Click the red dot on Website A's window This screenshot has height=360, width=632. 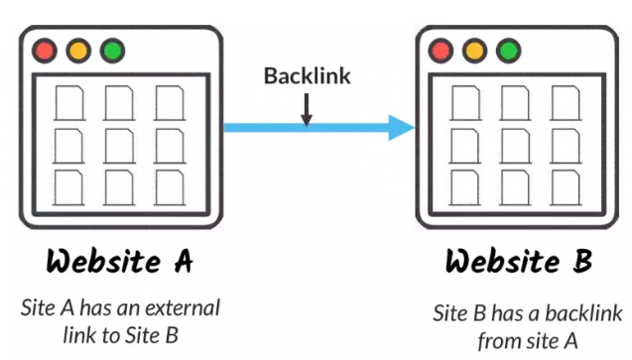tap(45, 51)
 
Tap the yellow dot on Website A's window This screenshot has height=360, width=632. tap(78, 51)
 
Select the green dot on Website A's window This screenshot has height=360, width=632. tap(112, 51)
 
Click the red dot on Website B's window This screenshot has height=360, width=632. tap(441, 51)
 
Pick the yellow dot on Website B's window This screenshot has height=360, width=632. tap(474, 51)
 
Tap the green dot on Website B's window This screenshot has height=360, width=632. tap(508, 51)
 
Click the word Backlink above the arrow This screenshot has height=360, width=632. tap(308, 75)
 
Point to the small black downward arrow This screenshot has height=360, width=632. tap(307, 109)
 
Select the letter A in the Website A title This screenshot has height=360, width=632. tap(184, 261)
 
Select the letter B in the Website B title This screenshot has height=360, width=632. tap(582, 261)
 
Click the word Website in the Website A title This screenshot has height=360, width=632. tap(103, 261)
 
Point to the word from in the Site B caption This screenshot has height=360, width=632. tap(500, 341)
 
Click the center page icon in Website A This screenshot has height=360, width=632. tap(119, 146)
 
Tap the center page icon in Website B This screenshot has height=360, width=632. tap(515, 146)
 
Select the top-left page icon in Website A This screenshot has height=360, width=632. tap(69, 103)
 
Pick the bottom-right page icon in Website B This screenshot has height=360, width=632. tap(566, 188)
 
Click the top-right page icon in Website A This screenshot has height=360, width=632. tap(170, 103)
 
